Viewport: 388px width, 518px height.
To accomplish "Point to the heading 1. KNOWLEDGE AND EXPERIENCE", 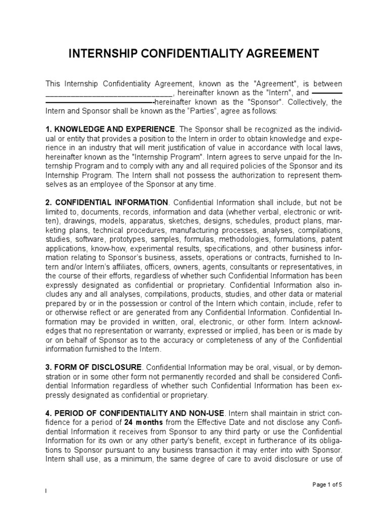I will [x=111, y=129].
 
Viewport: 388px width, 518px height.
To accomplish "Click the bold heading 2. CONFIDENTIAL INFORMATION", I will [x=107, y=203].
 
